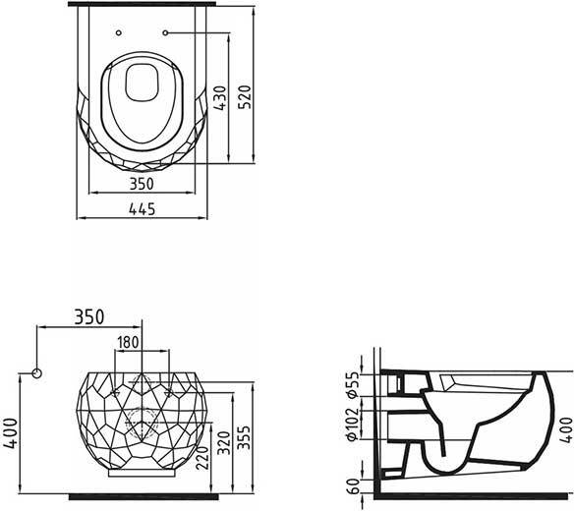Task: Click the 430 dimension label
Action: tap(220, 98)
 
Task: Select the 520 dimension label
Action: tap(245, 97)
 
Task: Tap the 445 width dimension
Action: tap(143, 209)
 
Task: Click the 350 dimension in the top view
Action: tap(143, 184)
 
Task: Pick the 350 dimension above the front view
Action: tap(89, 317)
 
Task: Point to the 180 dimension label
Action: tap(128, 343)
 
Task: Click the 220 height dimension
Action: tap(202, 458)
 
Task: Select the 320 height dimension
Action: tap(224, 443)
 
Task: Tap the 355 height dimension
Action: tap(244, 437)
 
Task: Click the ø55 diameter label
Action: tap(353, 384)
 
